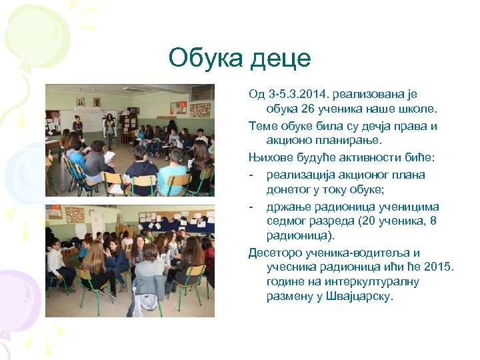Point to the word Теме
pos(263,126)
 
